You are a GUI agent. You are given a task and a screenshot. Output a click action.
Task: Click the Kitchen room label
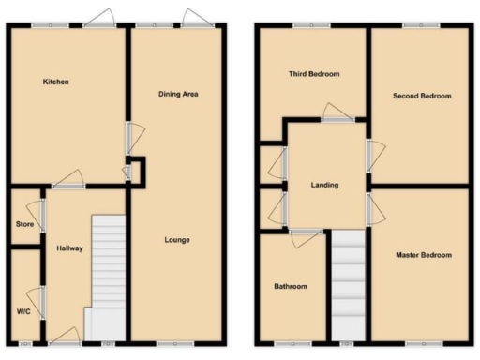coord(55,82)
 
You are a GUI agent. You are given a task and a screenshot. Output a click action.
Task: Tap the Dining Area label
coord(178,94)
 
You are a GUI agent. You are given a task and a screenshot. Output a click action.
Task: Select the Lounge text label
coord(176,240)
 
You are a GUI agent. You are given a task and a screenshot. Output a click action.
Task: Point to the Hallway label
coord(69,248)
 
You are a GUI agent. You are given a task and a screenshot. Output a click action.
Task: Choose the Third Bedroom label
coord(313,74)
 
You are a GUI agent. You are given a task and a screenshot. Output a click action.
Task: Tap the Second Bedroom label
coord(422,96)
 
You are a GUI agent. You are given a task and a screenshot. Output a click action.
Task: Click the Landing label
coord(325,185)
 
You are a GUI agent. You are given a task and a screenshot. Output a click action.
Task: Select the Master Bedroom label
coord(423,255)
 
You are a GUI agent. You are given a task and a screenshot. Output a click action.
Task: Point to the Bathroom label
coord(291,286)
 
